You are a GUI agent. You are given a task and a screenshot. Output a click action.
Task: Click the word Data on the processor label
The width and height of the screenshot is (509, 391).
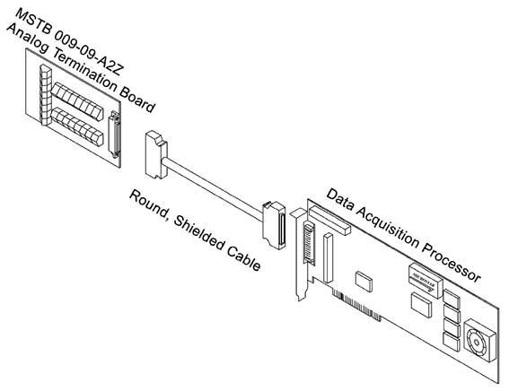(343, 201)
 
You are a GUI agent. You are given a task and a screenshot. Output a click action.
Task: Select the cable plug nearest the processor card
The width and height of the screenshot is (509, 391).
(273, 223)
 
